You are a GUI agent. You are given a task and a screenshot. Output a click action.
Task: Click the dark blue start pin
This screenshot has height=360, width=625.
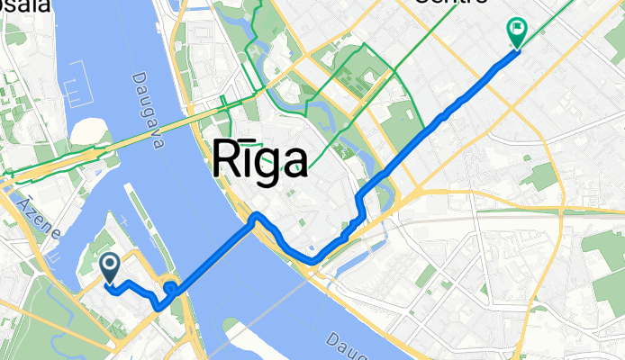point(110,265)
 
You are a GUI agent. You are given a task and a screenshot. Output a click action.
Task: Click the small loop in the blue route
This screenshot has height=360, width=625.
point(168,287)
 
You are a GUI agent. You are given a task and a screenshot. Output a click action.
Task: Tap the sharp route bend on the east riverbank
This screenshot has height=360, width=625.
point(257,215)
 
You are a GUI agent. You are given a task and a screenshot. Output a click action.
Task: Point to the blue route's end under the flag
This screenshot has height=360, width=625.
point(518,49)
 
